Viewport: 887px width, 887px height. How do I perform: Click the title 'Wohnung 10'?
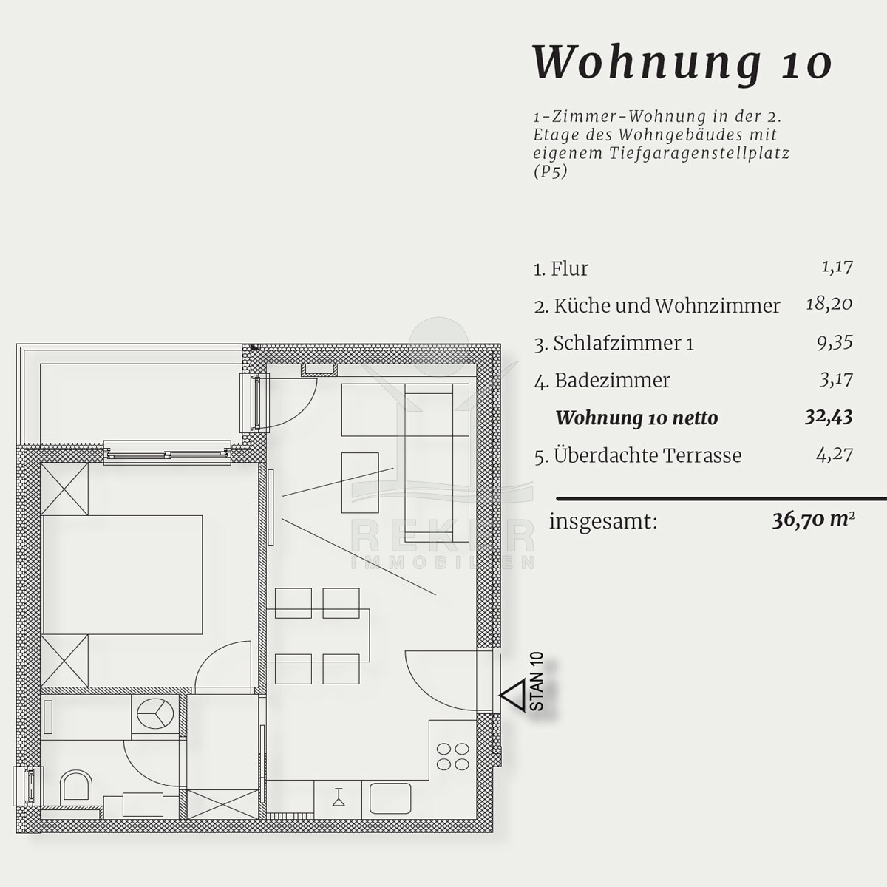(682, 64)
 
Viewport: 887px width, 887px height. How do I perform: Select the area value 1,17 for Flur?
(837, 268)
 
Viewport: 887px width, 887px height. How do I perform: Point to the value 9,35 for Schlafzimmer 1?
(835, 343)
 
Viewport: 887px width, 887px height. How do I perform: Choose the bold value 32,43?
(829, 418)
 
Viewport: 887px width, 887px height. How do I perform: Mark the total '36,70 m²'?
(813, 520)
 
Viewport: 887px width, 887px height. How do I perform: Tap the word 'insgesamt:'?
(603, 522)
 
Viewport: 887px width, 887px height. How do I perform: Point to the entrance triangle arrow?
(512, 696)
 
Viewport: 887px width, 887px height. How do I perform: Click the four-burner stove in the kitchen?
(452, 757)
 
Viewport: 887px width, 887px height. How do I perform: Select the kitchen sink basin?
(390, 798)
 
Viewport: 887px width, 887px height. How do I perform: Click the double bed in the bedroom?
(122, 575)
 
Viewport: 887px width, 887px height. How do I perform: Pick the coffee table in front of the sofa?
(360, 483)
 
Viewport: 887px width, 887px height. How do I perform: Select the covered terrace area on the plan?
(140, 404)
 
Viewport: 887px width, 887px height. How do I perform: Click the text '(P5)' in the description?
(551, 172)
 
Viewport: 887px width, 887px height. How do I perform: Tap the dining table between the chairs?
(319, 635)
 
